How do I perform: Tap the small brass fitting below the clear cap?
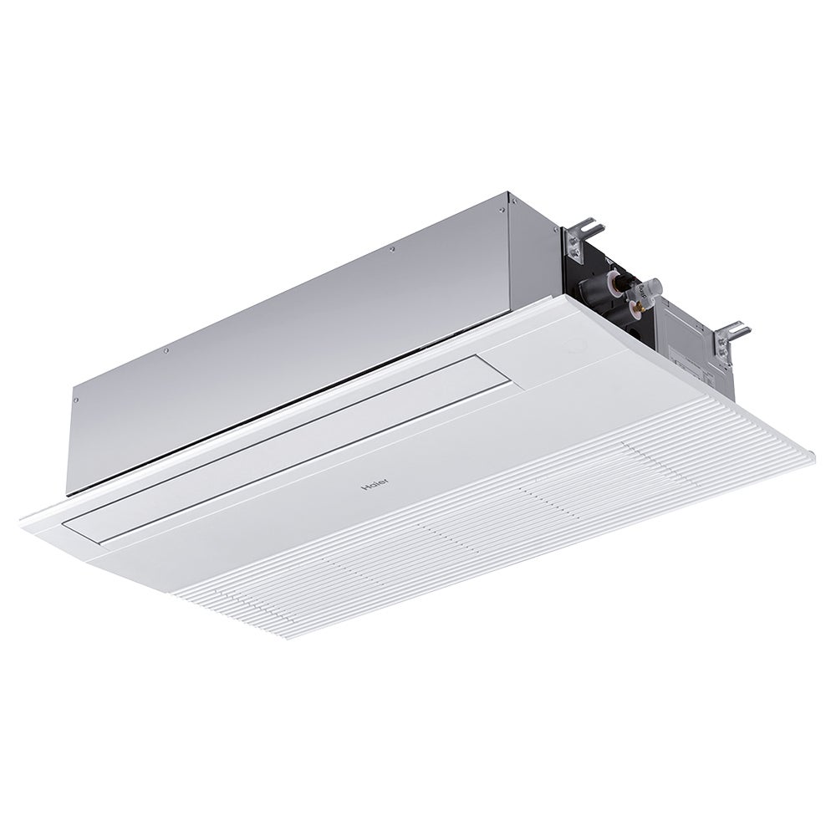tap(641, 312)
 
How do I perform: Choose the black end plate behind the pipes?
tap(585, 309)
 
